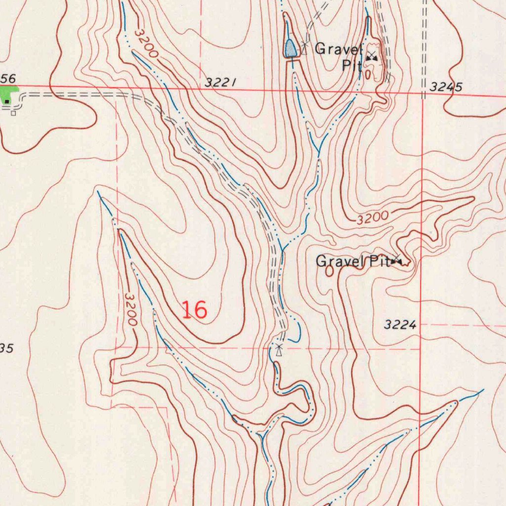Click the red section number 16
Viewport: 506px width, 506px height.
pos(194,310)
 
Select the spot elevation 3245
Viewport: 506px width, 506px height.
pos(446,87)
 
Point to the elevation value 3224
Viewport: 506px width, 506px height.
pos(400,325)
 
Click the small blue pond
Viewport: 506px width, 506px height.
pos(290,48)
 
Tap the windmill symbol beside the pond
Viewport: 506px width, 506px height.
pos(304,47)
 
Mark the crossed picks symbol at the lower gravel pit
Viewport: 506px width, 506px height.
pos(397,260)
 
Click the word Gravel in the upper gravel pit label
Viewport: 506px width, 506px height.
pos(338,49)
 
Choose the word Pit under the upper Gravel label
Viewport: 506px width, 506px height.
pos(352,65)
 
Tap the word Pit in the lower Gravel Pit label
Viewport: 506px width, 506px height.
pos(379,261)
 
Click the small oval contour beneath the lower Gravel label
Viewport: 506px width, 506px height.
pos(330,271)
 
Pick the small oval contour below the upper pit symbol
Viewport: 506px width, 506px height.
pos(369,74)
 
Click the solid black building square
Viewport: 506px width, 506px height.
pos(7,101)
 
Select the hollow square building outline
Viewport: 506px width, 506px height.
pos(13,113)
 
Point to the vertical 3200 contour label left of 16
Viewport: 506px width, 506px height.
pos(130,309)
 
